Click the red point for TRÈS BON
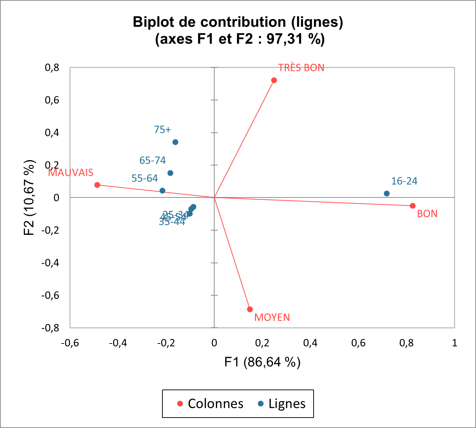274,80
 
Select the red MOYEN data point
250,309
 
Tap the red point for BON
413,206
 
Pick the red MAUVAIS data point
97,185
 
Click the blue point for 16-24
387,193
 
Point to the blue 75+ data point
175,142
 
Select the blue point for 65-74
170,173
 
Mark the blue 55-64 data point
162,191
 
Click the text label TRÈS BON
301,68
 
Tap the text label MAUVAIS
71,173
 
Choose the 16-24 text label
404,181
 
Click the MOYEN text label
272,318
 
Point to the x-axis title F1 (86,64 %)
262,362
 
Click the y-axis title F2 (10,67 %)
30,197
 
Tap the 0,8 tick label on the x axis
407,343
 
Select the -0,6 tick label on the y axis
50,295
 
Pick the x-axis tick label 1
454,343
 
